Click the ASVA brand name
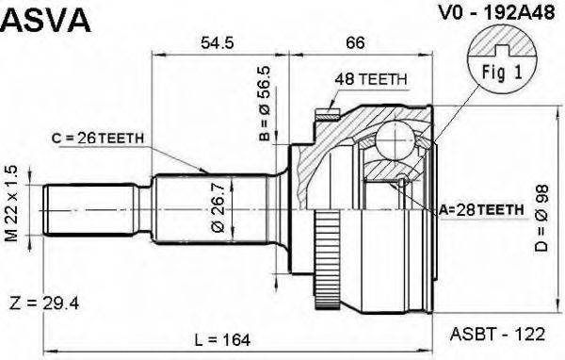46,20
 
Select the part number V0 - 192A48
496,13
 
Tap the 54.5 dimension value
217,42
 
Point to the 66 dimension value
355,42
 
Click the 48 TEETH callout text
371,79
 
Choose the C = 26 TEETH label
98,138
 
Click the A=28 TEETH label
481,209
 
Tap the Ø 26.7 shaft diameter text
218,207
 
